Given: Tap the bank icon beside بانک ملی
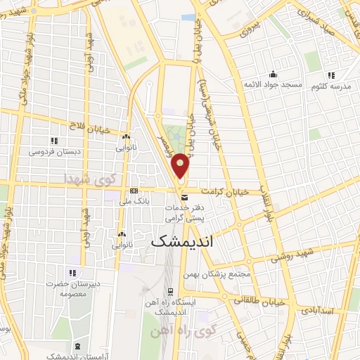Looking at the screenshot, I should coord(134,191).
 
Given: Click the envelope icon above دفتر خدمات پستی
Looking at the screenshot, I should coord(184,199).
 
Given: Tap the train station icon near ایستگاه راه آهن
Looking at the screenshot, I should coord(171,291).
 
